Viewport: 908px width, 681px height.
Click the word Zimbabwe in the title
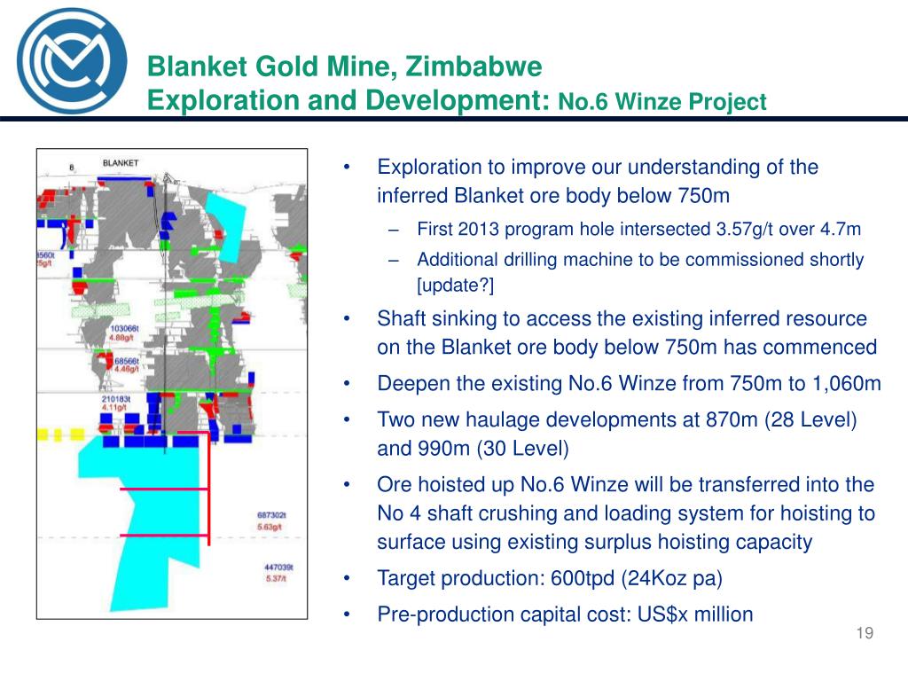[x=472, y=67]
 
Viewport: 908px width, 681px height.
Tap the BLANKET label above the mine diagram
[x=121, y=163]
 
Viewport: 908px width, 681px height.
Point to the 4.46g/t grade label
[x=127, y=370]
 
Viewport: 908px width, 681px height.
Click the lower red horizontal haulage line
[x=164, y=536]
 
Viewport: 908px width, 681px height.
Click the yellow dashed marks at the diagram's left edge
[x=52, y=435]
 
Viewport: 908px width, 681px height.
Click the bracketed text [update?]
[x=455, y=285]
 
